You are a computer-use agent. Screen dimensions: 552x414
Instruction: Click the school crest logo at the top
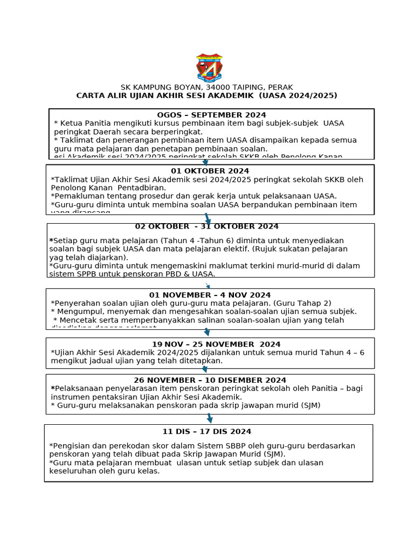[x=209, y=67]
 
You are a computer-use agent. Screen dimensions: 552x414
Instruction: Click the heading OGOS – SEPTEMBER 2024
[x=211, y=115]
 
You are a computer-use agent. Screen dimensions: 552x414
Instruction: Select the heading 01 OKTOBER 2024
[x=210, y=171]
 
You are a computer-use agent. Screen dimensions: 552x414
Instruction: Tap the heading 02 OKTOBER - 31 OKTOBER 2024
[x=207, y=226]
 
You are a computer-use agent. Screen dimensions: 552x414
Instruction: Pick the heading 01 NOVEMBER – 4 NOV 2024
[x=210, y=295]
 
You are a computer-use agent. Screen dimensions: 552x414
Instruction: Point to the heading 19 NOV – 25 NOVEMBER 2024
[x=208, y=344]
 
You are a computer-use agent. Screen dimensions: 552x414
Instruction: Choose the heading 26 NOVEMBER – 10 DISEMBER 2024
[x=210, y=380]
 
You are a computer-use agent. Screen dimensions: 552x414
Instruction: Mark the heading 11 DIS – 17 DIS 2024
[x=206, y=431]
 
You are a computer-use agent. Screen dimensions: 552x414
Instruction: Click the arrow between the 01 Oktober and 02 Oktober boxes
[x=208, y=219]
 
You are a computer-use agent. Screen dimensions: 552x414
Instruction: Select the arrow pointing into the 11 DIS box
[x=209, y=418]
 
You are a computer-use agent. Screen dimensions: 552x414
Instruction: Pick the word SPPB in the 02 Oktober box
[x=87, y=274]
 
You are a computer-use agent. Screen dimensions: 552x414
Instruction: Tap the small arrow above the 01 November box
[x=208, y=286]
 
